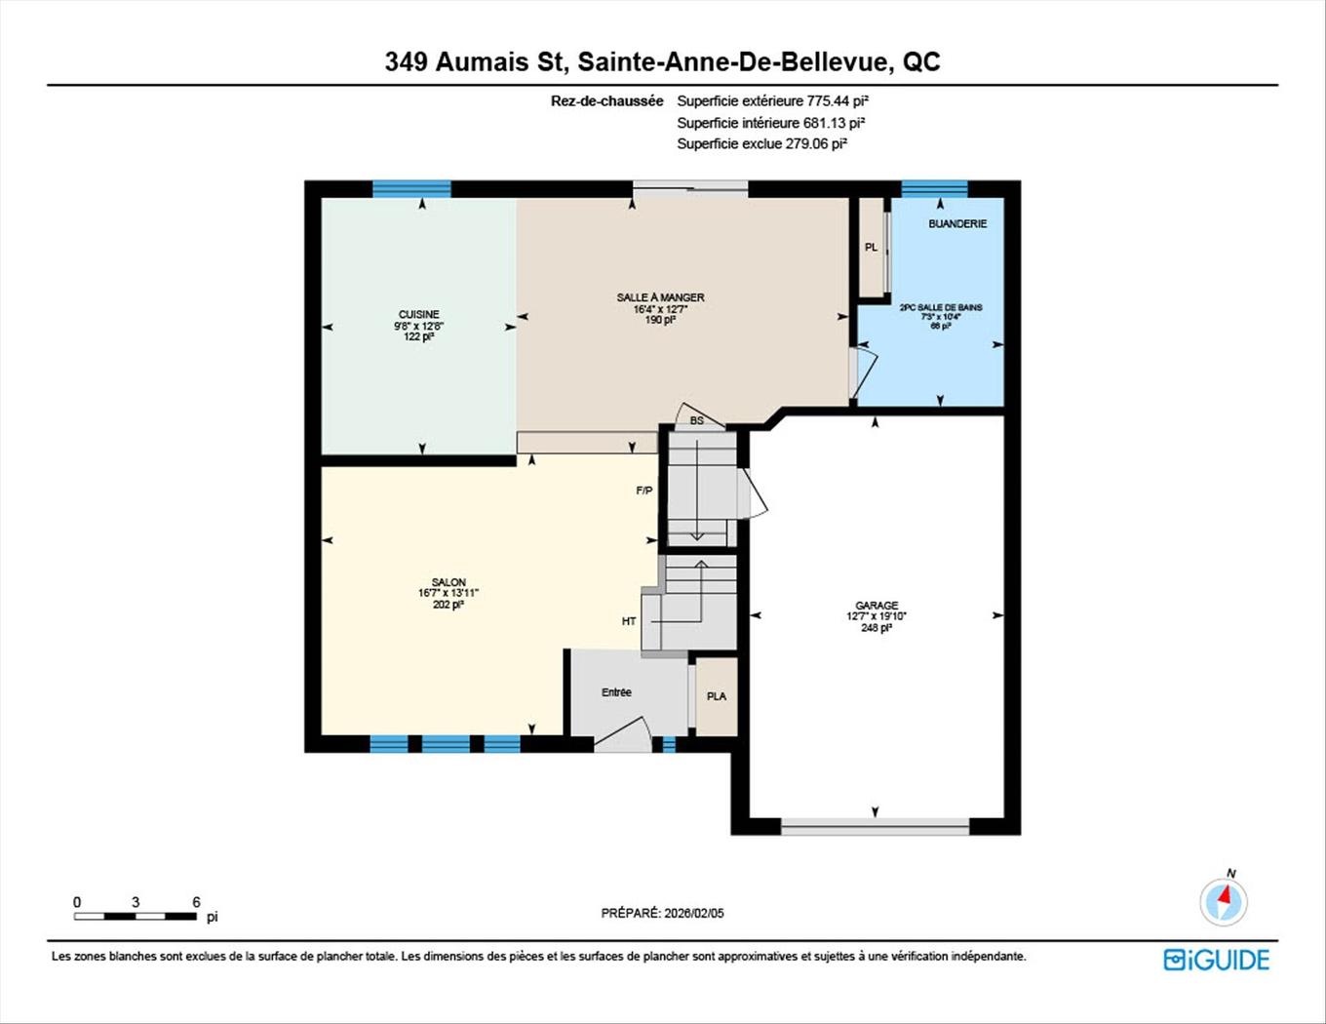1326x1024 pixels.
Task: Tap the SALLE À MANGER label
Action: click(x=660, y=297)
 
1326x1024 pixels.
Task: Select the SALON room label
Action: click(x=448, y=582)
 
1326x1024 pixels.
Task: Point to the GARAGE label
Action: click(x=877, y=606)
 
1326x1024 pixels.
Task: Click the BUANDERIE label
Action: click(x=956, y=223)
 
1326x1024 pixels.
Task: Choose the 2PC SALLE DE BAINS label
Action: click(x=940, y=307)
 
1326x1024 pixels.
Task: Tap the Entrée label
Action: click(x=616, y=692)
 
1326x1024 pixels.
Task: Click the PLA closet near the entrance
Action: click(x=717, y=696)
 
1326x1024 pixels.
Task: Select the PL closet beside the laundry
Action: click(x=872, y=247)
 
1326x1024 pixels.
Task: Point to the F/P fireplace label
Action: click(x=643, y=491)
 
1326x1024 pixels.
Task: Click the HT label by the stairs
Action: click(x=629, y=621)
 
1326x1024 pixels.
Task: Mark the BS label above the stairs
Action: click(x=696, y=420)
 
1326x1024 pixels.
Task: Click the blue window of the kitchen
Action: click(x=411, y=189)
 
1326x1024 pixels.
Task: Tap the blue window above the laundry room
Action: click(x=934, y=189)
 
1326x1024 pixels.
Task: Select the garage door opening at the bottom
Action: click(x=875, y=827)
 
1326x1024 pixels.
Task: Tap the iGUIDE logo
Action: click(x=1216, y=960)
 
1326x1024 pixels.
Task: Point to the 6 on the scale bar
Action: click(x=196, y=902)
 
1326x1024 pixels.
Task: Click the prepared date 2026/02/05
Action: click(x=693, y=914)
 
